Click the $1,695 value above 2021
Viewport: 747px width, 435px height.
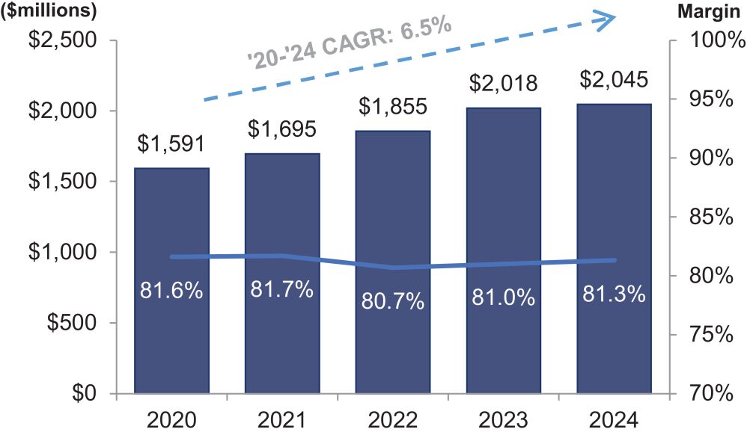click(x=282, y=129)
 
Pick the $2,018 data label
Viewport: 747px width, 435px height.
click(x=503, y=83)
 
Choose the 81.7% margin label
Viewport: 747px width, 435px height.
click(x=282, y=290)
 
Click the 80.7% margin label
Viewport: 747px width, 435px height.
click(x=392, y=301)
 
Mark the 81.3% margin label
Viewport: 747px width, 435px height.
click(x=614, y=294)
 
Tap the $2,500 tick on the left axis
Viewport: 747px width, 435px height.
click(x=64, y=40)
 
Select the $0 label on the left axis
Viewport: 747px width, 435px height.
click(x=89, y=393)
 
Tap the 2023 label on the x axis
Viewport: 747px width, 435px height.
click(x=503, y=419)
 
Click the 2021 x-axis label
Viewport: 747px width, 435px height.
click(x=282, y=419)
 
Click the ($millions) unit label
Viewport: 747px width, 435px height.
click(x=49, y=11)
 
